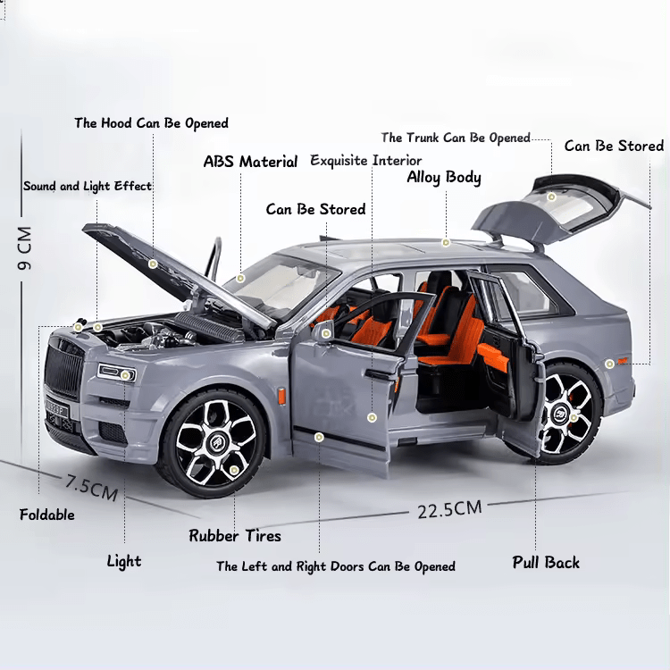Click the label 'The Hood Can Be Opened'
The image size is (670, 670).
151,123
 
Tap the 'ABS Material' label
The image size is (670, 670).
250,162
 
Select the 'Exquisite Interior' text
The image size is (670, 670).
365,161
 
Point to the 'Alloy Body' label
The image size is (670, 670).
444,177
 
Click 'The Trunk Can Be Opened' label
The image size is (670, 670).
456,138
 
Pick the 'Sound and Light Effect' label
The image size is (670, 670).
88,187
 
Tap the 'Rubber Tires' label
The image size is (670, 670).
235,536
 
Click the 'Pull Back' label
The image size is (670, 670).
546,562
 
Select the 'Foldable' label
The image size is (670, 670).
47,515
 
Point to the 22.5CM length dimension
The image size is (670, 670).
449,509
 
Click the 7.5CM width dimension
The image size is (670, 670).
91,486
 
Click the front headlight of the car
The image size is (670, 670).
116,372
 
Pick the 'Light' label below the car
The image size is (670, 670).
124,561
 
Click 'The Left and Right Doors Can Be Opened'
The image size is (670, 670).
336,566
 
